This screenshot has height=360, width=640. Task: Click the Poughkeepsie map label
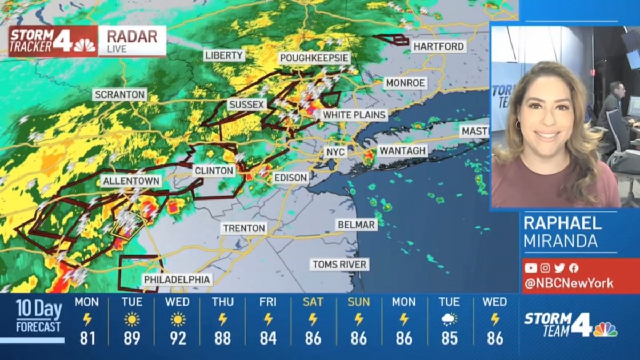pos(315,58)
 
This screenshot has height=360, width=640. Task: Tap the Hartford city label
pos(439,46)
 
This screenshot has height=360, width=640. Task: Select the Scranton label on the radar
pos(119,95)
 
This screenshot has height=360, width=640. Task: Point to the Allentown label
pos(131,181)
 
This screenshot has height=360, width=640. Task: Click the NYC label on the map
pos(335,152)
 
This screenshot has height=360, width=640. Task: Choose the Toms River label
pos(340,265)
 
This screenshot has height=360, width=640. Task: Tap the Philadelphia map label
pos(177,279)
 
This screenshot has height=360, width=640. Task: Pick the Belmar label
pos(356,225)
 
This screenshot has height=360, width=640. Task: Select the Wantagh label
pos(403,151)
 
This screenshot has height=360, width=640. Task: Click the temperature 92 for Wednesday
pos(177,338)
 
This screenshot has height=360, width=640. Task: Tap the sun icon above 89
pos(132,320)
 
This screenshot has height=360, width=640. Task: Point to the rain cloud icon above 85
pos(449,320)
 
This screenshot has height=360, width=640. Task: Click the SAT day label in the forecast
pos(313,302)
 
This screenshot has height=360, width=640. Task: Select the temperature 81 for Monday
pos(87,338)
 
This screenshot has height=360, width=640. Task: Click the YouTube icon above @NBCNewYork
pos(531,268)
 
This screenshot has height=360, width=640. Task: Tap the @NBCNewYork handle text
pos(569,283)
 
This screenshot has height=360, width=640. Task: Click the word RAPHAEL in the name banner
pos(562,223)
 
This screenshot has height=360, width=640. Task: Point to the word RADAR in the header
pos(132,36)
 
